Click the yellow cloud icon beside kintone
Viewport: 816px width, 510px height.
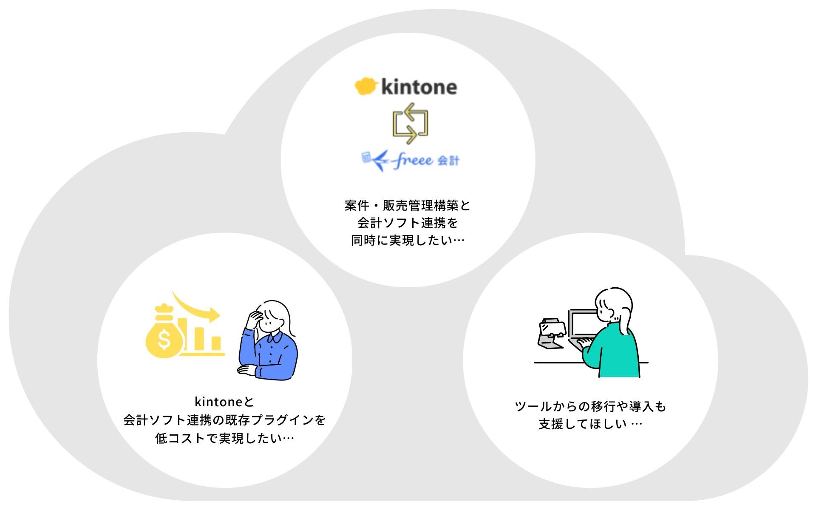click(365, 86)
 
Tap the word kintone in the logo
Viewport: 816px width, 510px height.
click(419, 87)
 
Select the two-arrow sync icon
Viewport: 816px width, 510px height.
click(410, 123)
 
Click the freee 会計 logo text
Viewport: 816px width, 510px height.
click(425, 161)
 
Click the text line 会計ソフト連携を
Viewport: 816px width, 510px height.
click(408, 223)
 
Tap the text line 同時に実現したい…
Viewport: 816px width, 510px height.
click(408, 241)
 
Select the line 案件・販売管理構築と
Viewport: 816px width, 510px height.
click(408, 206)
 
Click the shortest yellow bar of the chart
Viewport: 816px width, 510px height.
click(216, 343)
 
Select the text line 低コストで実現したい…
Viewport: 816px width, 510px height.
click(224, 438)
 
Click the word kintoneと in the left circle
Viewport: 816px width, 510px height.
click(224, 402)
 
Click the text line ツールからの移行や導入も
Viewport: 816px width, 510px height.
click(590, 406)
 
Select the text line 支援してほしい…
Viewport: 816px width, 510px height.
click(590, 424)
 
